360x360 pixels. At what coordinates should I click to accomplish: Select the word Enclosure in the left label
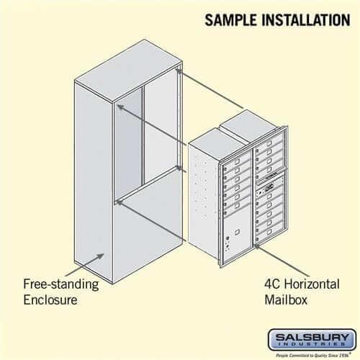(52, 299)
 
